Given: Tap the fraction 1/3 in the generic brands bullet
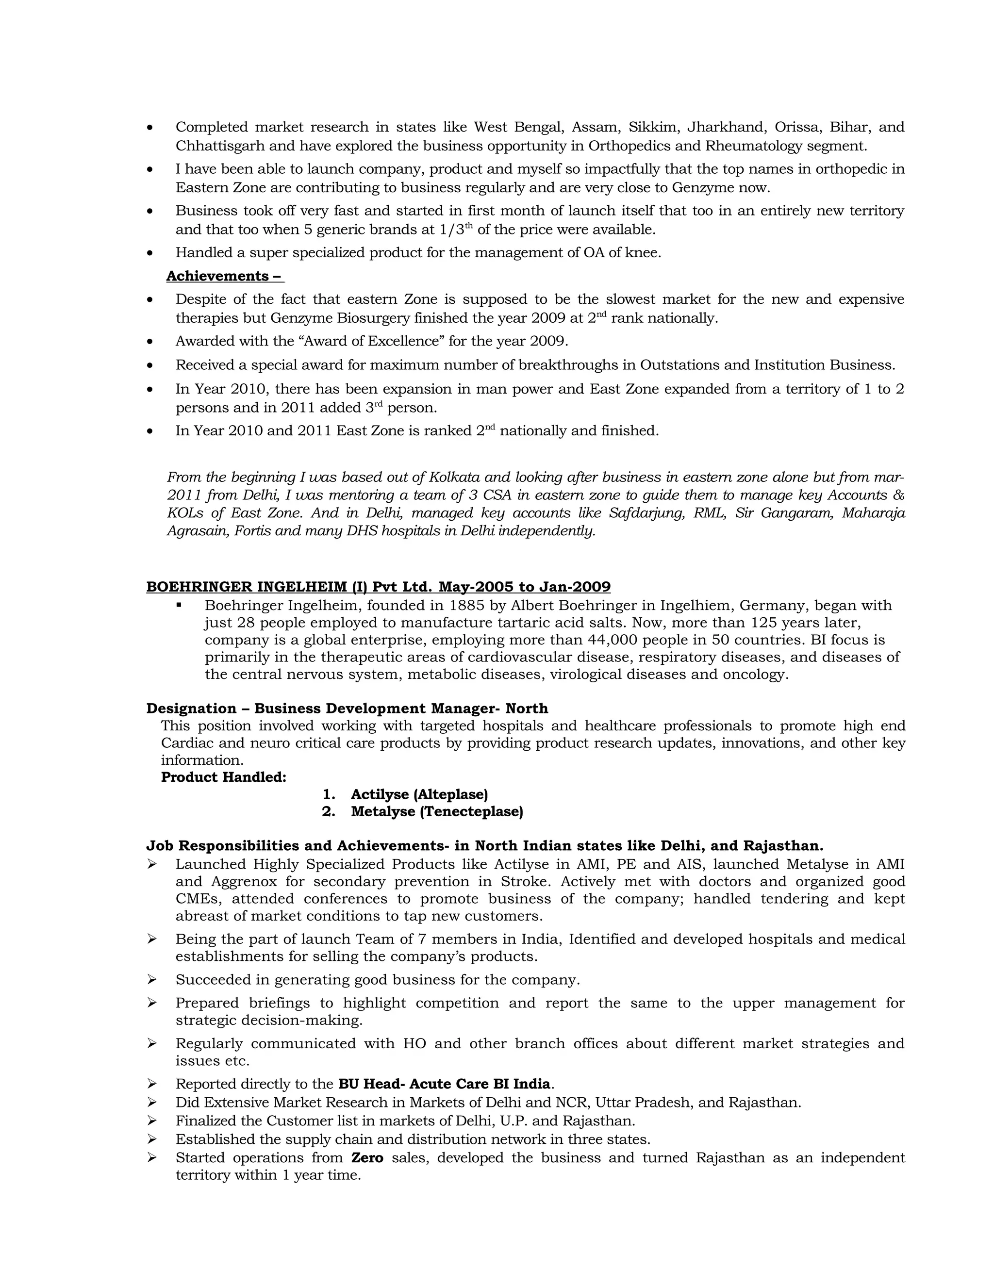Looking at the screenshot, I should tap(452, 230).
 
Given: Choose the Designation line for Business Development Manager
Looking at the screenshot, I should tap(347, 709).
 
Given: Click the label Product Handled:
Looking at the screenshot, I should tap(224, 777).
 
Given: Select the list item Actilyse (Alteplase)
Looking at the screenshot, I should tap(419, 794).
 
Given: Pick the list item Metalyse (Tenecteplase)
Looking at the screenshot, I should tap(437, 811).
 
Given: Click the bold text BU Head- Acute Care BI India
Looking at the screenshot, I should tap(445, 1084).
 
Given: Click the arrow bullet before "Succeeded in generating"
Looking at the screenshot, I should tap(152, 979).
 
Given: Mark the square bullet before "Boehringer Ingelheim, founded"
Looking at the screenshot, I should tap(179, 605).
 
